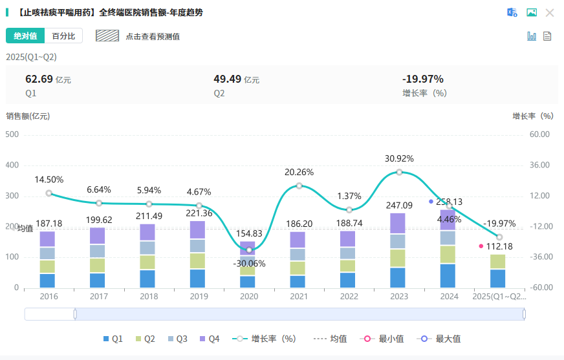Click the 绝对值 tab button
pos(25,36)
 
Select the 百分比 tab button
pos(63,36)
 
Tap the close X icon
pos(550,12)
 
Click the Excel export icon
pos(512,12)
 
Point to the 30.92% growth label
pos(399,158)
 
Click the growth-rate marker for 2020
pos(249,250)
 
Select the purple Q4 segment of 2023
pos(399,224)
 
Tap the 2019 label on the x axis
pos(199,297)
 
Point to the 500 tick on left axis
pos(12,134)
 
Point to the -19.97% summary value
pos(423,79)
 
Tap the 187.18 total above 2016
pos(49,224)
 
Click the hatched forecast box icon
pos(107,36)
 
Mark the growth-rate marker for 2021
pos(299,185)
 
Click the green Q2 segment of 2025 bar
pos(498,262)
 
